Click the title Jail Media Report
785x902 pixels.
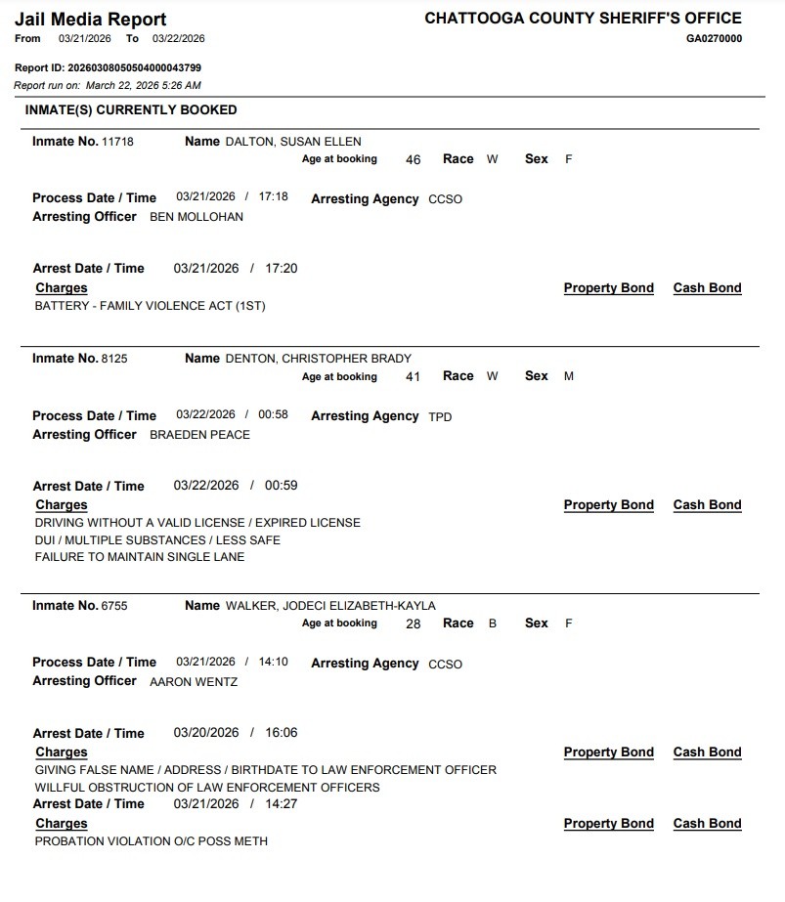91,19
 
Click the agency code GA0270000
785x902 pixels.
714,39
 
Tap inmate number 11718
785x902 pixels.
117,142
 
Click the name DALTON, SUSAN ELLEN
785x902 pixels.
293,142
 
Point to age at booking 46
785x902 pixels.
413,160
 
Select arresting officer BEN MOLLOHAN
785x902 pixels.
196,217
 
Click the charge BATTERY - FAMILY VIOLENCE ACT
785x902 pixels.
150,306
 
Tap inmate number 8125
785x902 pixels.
114,359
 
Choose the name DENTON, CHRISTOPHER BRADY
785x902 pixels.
319,359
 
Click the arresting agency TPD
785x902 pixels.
440,417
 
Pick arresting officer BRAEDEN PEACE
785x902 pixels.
199,435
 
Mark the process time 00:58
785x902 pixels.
273,414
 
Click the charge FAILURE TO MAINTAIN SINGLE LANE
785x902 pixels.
139,557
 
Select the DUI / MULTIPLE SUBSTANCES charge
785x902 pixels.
157,540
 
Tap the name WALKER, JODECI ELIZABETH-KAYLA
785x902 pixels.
330,606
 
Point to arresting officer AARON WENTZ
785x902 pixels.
194,682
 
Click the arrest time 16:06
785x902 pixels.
281,733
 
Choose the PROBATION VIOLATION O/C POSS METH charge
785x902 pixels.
151,841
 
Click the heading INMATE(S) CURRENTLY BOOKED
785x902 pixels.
131,110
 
